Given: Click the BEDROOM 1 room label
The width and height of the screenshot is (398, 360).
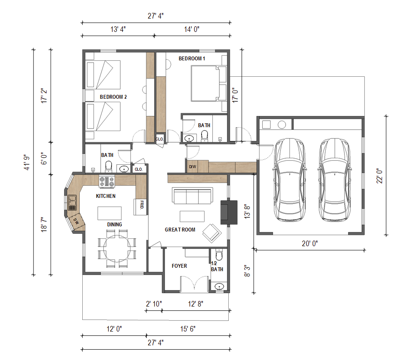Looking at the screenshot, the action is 192,59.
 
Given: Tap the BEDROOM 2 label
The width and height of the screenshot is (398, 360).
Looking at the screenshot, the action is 113,97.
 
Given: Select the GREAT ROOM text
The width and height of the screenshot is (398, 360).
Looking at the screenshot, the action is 180,230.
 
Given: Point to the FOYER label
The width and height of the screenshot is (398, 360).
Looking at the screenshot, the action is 179,266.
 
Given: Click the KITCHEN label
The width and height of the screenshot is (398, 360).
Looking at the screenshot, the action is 106,196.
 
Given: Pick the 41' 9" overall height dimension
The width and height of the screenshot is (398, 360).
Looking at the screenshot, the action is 27,162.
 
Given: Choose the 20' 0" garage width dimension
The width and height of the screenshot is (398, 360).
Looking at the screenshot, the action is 310,244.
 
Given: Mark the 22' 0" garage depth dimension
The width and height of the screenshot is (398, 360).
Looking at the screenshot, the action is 379,175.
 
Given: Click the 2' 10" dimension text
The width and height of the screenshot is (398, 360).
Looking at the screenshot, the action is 154,304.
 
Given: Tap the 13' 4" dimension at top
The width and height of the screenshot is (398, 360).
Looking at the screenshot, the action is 118,29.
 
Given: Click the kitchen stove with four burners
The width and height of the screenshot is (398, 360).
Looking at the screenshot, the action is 107,182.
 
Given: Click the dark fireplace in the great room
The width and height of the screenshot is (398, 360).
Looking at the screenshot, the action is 229,213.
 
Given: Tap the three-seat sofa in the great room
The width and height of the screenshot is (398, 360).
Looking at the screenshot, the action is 193,196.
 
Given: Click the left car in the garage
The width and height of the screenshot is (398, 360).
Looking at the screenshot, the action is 289,180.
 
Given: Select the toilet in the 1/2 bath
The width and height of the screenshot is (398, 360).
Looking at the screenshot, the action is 219,255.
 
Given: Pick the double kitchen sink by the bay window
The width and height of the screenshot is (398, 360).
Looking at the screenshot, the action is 72,203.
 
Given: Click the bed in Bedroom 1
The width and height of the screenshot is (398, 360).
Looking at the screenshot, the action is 208,84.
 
